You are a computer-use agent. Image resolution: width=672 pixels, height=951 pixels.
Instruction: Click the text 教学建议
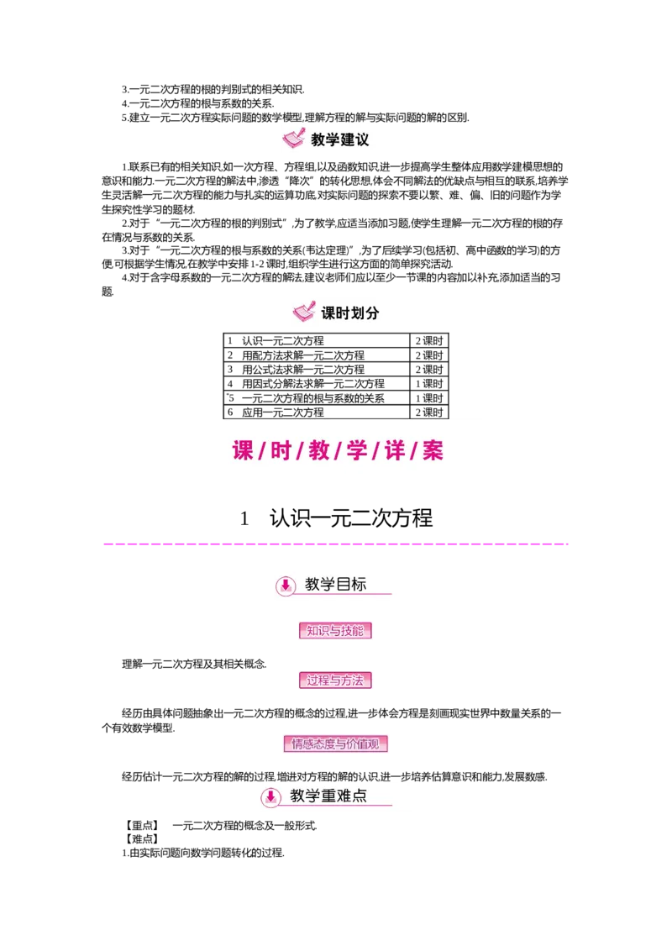point(339,140)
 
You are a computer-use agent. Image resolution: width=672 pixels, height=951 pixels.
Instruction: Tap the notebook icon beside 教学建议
point(293,138)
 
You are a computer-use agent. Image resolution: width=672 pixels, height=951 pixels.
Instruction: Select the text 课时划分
point(350,313)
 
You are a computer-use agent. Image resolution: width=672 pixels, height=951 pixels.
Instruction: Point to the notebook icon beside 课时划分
point(304,313)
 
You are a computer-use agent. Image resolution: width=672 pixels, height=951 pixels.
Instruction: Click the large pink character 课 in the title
point(243,450)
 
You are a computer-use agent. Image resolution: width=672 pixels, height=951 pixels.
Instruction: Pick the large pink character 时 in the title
point(281,450)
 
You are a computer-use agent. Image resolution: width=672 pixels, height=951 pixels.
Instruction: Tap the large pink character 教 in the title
point(318,450)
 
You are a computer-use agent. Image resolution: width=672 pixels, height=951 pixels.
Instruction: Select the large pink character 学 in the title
point(356,450)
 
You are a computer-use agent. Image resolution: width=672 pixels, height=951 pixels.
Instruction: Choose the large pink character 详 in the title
point(395,450)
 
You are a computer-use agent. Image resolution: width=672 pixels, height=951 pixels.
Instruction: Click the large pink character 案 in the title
point(433,450)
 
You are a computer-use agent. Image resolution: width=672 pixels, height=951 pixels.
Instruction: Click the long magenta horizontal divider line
point(336,544)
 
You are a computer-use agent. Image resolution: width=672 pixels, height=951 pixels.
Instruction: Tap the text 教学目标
point(335,585)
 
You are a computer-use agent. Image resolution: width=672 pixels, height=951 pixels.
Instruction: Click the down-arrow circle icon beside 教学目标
point(286,586)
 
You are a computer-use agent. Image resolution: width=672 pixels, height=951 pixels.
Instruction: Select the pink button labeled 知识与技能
point(335,631)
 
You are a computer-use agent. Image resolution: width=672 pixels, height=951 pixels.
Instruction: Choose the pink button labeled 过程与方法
point(335,680)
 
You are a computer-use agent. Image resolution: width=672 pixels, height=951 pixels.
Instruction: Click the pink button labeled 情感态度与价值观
point(335,743)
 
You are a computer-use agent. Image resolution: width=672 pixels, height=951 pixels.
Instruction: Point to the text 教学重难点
point(328,796)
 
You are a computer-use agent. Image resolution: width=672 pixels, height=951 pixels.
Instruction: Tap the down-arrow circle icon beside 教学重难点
point(270,797)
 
